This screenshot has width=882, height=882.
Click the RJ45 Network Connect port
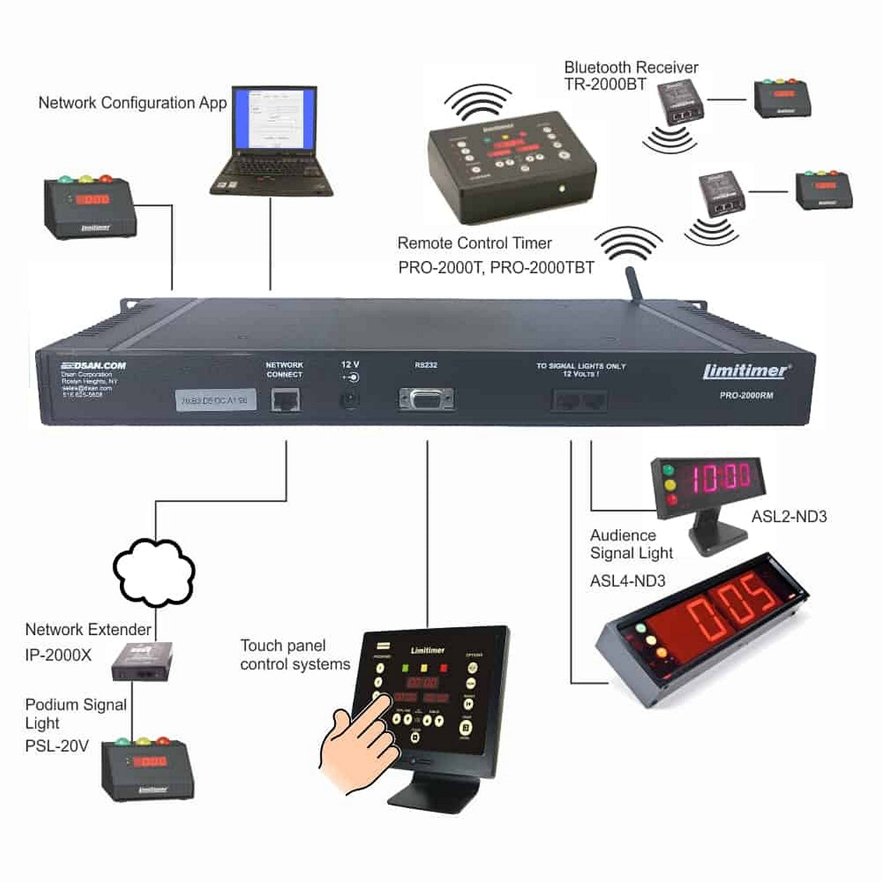[x=286, y=400]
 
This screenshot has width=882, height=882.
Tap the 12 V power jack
[x=350, y=400]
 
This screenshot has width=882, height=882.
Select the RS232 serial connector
[x=426, y=399]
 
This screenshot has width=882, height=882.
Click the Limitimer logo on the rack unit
[x=745, y=371]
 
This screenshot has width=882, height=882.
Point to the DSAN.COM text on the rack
[x=93, y=365]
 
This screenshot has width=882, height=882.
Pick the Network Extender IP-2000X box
[x=142, y=660]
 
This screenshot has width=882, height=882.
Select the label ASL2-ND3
[x=789, y=517]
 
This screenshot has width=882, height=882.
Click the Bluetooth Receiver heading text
[x=631, y=68]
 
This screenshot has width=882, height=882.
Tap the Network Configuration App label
[x=132, y=102]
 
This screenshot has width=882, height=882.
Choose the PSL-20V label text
[x=57, y=745]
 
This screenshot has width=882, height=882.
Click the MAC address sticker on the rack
[x=217, y=400]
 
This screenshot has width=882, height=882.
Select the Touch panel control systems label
[x=294, y=655]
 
